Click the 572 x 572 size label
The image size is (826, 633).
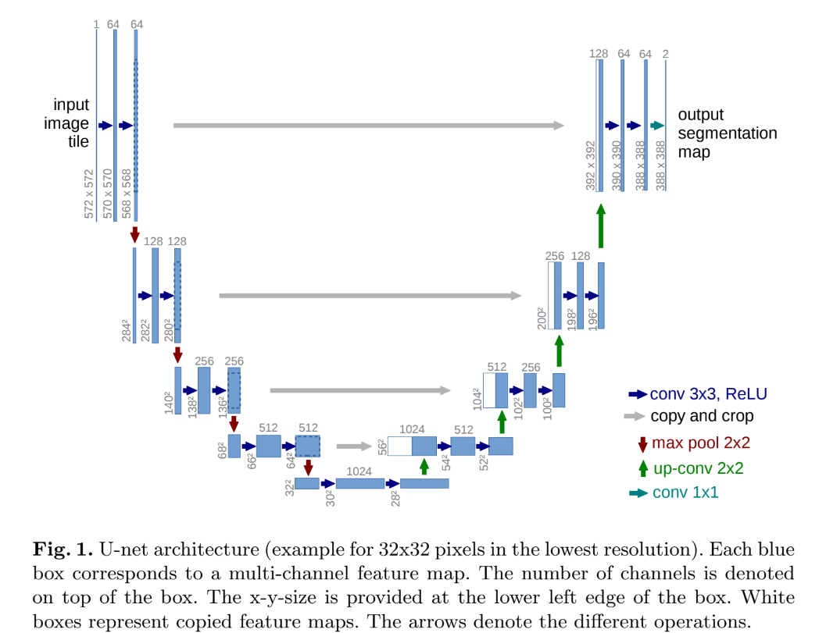pos(89,194)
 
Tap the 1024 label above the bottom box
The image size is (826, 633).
pos(359,471)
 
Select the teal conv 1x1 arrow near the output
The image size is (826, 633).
pos(657,126)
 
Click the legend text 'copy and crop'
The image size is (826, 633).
pos(702,417)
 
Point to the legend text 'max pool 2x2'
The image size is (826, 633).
pos(701,443)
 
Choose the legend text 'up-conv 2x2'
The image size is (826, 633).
pos(698,468)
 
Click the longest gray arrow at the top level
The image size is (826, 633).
pos(368,125)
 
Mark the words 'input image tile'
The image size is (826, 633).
pos(71,123)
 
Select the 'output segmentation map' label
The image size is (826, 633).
pos(727,133)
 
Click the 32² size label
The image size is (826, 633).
pos(288,487)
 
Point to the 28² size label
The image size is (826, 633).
pos(395,497)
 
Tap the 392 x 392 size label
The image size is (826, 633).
pos(591,165)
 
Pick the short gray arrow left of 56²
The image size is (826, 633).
pos(354,446)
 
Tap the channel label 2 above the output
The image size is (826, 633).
pos(665,53)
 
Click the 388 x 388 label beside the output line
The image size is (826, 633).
pos(660,165)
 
